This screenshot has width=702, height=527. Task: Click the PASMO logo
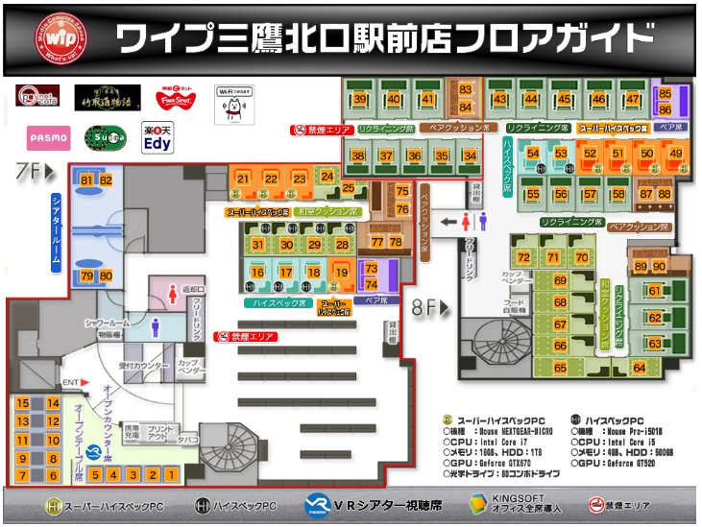point(49,137)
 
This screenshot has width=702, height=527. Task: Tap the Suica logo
point(108,140)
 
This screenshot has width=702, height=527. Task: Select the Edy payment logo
point(157,140)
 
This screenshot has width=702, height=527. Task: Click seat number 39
point(360,99)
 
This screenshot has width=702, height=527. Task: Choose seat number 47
point(632,99)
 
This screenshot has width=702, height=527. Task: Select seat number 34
point(470,156)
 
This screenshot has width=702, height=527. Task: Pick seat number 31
point(257,245)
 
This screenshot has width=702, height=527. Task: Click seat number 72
point(523,258)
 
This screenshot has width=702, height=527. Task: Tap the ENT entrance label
point(70,383)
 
